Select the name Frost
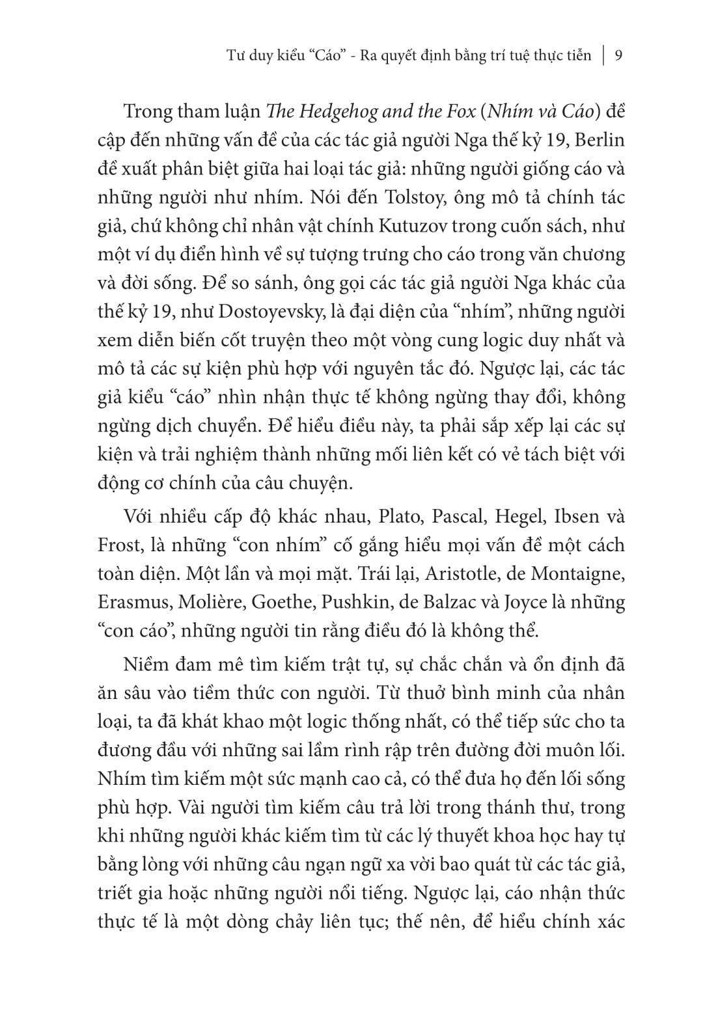click(119, 545)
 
